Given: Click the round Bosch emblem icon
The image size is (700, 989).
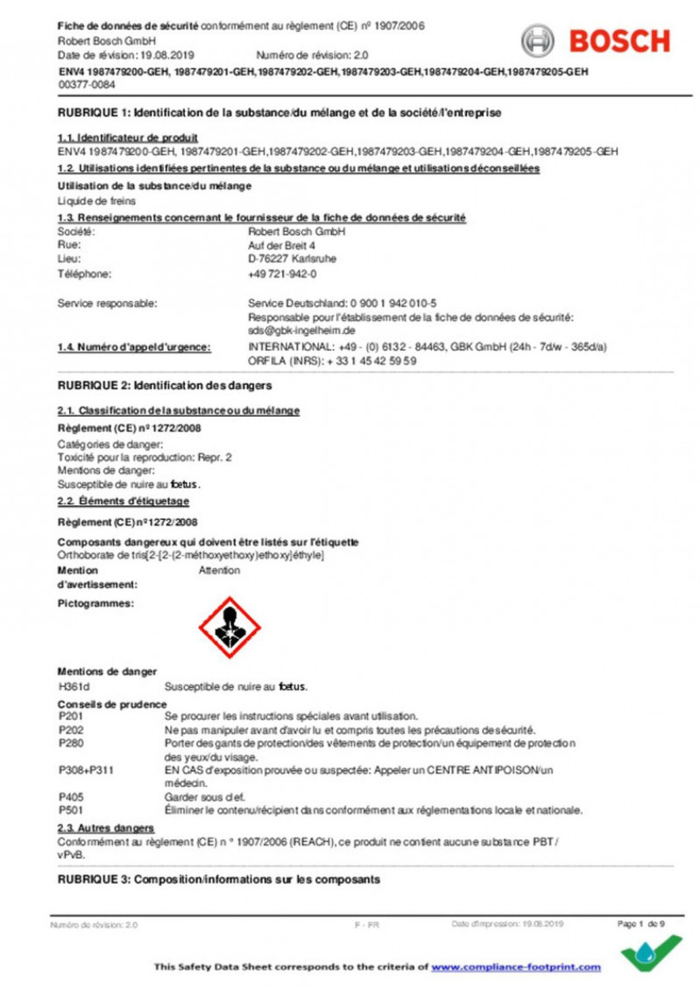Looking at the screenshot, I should [x=539, y=41].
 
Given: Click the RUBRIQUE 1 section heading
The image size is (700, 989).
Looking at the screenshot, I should [x=279, y=114].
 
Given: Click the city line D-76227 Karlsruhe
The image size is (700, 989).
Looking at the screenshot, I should [x=292, y=259].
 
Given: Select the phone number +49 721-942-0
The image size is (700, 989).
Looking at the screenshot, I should [x=282, y=275].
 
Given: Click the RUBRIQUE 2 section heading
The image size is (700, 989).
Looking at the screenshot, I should [x=164, y=385].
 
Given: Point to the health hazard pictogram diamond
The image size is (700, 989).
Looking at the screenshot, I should [x=230, y=627].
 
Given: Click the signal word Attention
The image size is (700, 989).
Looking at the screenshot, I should [x=219, y=570].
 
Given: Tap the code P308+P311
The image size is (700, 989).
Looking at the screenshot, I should [x=86, y=769].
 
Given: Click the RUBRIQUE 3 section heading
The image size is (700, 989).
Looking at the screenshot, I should [x=218, y=879].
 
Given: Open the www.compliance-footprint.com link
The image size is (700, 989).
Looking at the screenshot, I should [x=516, y=967].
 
